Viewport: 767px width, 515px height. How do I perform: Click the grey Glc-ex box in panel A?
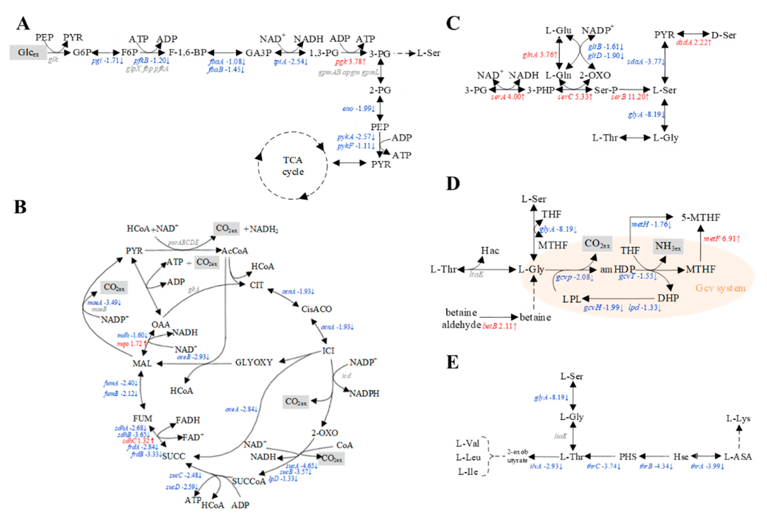pyautogui.click(x=28, y=52)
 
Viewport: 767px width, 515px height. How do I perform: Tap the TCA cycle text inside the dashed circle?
pyautogui.click(x=293, y=166)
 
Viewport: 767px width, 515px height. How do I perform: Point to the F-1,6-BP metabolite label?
pyautogui.click(x=187, y=52)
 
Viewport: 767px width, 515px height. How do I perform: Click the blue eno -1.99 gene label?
pyautogui.click(x=358, y=109)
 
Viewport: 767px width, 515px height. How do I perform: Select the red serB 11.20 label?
pyautogui.click(x=629, y=97)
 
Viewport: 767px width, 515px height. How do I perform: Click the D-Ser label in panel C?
pyautogui.click(x=723, y=35)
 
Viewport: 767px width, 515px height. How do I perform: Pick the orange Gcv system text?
pyautogui.click(x=720, y=288)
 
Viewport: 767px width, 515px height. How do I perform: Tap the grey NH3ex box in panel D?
pyautogui.click(x=668, y=247)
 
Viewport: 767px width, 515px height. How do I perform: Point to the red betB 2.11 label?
pyautogui.click(x=499, y=326)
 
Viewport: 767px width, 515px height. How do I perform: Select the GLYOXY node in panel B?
pyautogui.click(x=254, y=362)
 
